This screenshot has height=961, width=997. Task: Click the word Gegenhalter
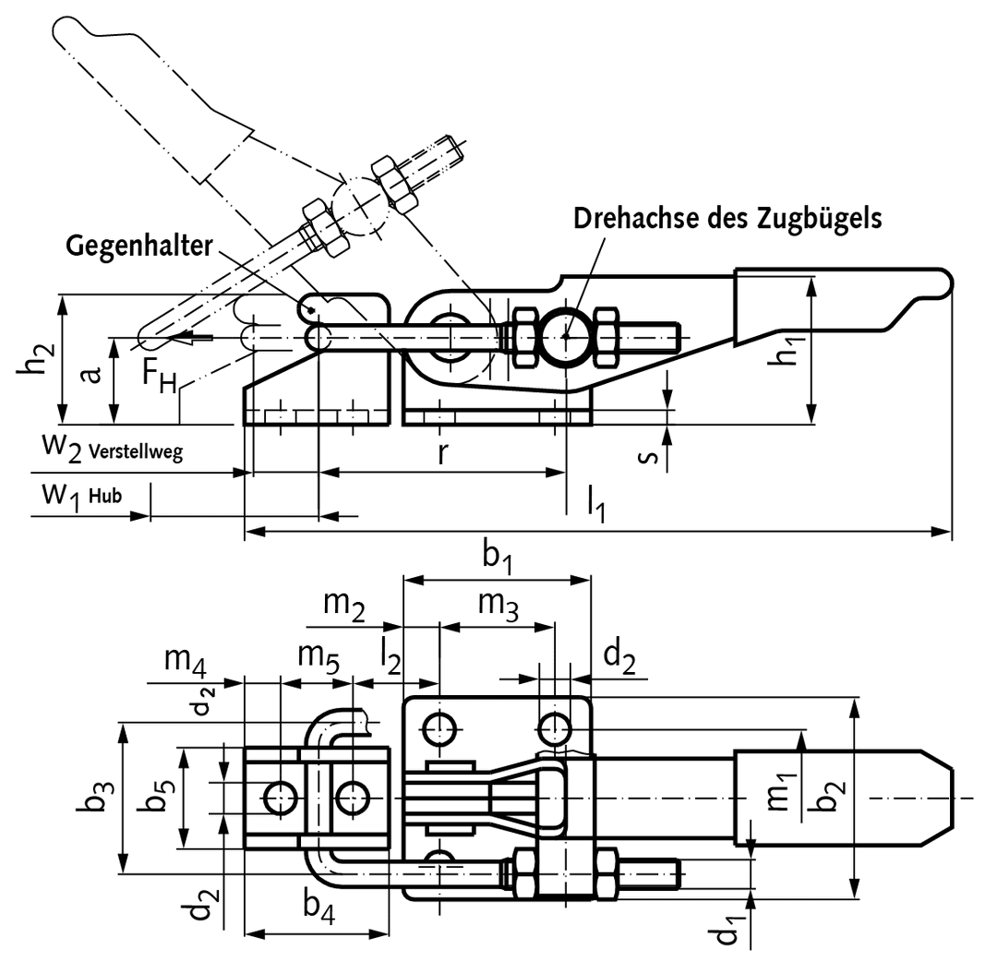point(138,246)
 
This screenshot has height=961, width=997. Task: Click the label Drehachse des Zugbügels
point(727,218)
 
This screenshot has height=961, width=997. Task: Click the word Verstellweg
point(136,452)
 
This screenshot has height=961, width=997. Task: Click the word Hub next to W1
point(105,496)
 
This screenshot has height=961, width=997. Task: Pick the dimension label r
point(442,455)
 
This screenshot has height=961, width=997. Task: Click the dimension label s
point(648,456)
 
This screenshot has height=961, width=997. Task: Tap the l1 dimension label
point(595,502)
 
